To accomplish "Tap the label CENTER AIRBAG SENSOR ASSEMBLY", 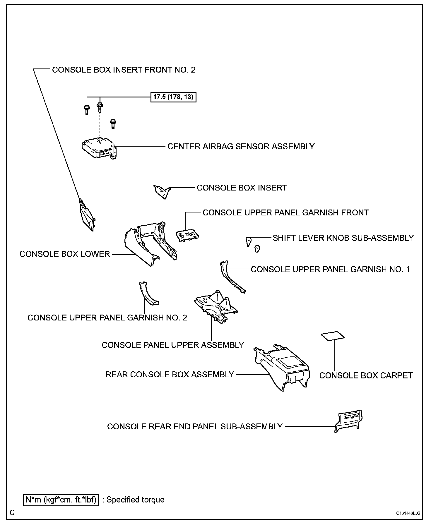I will [241, 146].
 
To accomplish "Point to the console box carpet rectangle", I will [333, 336].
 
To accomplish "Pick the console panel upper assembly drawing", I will [216, 307].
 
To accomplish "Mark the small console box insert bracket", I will [162, 191].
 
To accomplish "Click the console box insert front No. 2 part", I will [87, 215].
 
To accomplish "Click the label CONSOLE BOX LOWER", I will [64, 254].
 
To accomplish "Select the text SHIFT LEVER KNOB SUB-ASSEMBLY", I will [343, 238].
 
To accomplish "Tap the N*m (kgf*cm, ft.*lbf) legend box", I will [61, 500].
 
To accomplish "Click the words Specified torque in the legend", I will [135, 500].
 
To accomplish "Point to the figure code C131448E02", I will [408, 513].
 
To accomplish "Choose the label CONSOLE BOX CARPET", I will [366, 375].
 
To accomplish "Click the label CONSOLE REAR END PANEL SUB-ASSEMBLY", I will [195, 426].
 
